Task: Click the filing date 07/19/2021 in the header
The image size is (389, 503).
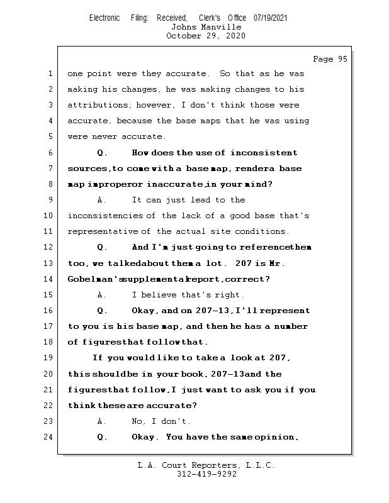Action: (271, 18)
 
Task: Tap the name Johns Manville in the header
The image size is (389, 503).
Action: (206, 27)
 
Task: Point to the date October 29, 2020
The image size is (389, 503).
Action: (206, 36)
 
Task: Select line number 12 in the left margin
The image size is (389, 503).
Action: (50, 247)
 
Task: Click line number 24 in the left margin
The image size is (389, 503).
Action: (50, 437)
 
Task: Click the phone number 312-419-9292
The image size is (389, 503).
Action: (206, 474)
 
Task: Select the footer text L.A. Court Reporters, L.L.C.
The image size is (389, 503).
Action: (206, 465)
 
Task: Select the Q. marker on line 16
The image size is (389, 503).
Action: (103, 311)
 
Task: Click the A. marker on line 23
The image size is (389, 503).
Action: (103, 421)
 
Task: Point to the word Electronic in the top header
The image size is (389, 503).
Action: (104, 18)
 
